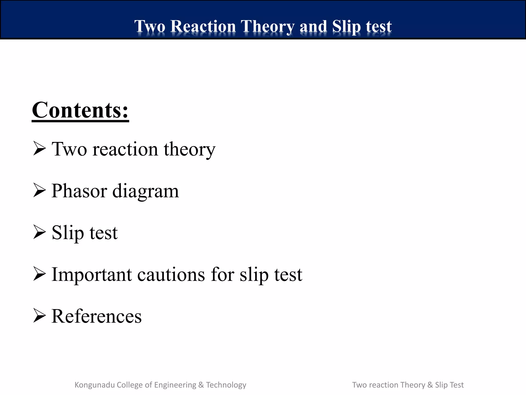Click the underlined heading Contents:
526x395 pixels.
pos(80,110)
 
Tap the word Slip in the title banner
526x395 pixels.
pos(346,26)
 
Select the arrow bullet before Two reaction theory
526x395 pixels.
pos(39,149)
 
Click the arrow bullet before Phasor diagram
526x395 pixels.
pos(39,191)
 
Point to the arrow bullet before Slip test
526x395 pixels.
pos(39,232)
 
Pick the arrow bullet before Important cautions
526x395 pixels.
pos(39,274)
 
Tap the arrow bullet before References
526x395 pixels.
pos(39,316)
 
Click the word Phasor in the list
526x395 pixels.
pos(79,191)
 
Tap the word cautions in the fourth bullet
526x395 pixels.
pos(171,275)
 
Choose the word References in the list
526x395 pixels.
pos(97,316)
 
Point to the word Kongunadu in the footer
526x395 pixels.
pos(95,385)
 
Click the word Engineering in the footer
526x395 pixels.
pos(175,385)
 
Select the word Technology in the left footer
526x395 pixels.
pos(226,385)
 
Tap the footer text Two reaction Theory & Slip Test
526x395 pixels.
pos(408,385)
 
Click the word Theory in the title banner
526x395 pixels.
pos(267,27)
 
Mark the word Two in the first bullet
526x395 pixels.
pos(69,149)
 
